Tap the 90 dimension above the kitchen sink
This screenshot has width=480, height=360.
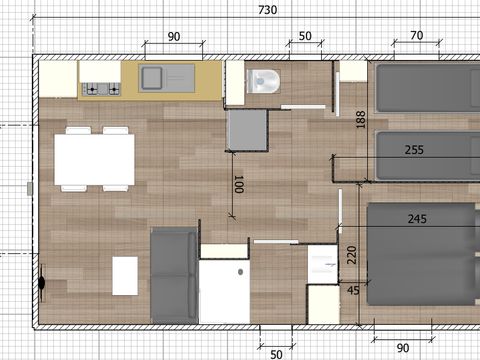173,36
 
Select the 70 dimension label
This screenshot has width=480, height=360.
416,36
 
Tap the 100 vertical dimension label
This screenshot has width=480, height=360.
238,184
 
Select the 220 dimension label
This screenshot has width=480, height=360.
351,255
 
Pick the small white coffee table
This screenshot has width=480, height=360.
125,275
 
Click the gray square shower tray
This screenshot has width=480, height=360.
247,129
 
